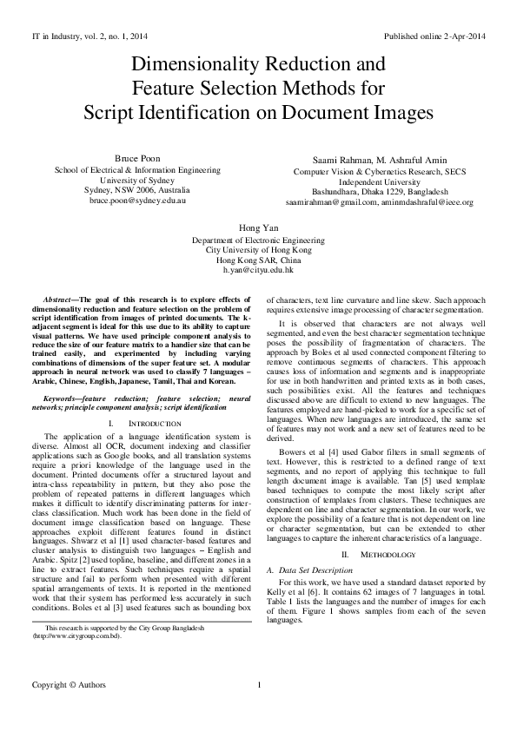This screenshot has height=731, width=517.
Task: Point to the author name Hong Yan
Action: (258, 227)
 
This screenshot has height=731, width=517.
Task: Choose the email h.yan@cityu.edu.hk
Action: (258, 271)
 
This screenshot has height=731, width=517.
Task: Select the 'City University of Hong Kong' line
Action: (258, 250)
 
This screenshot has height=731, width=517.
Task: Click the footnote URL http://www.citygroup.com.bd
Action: (76, 660)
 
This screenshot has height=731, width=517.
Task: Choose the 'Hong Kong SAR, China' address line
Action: (258, 260)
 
